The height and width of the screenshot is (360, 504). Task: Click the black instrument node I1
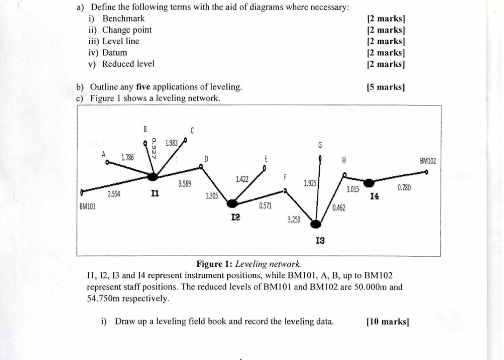coord(153,177)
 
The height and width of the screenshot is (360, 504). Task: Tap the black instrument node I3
coord(316,225)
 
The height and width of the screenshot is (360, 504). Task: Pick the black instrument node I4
coord(369,182)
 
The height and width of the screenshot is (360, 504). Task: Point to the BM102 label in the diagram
coord(427,161)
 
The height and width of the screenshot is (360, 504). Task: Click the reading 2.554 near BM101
coord(114,194)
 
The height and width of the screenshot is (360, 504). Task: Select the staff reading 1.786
coord(127,158)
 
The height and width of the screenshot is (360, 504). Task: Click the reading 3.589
coord(185,185)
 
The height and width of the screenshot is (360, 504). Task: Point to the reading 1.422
coord(242,179)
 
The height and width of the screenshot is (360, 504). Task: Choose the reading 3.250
coord(294,219)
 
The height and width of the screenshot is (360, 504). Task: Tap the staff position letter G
coord(320,145)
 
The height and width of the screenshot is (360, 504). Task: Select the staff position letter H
coord(344,160)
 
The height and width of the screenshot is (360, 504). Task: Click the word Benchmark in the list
coord(124,19)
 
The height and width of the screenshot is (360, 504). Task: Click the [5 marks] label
coord(385,87)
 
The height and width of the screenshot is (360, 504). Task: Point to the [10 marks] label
coord(388,321)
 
